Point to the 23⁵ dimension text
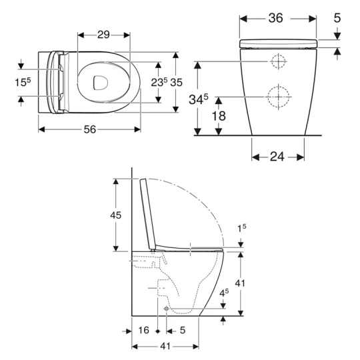(x=159, y=83)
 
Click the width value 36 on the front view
(x=276, y=19)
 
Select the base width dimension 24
(x=278, y=157)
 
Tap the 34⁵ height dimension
(x=197, y=101)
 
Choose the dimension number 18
(x=219, y=116)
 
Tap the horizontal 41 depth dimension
(x=165, y=346)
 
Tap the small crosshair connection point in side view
(x=165, y=309)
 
